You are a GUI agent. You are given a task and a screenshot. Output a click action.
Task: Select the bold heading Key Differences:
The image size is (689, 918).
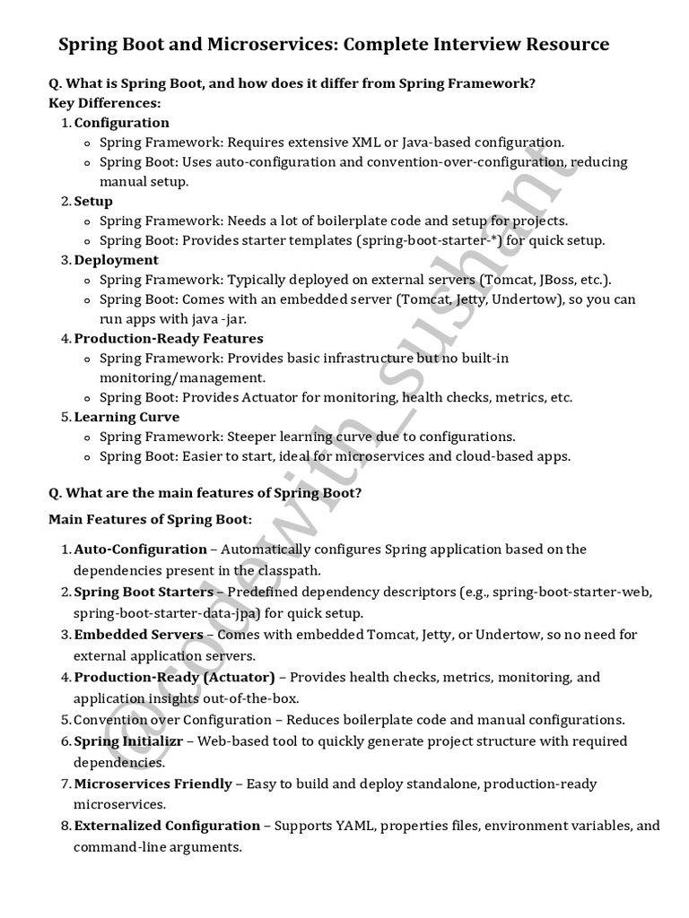[x=104, y=103]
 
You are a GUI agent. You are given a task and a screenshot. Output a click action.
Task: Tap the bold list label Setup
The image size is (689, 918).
[x=93, y=202]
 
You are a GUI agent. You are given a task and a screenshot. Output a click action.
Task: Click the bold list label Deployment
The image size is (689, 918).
[x=116, y=260]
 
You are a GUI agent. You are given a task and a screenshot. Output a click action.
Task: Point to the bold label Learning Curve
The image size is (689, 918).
[x=126, y=417]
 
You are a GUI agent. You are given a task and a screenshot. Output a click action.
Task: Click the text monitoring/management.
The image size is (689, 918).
[x=182, y=377]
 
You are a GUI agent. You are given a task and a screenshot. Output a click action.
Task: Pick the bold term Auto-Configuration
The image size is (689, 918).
[x=140, y=549]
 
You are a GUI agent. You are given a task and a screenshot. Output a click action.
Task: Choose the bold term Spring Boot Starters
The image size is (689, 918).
[x=144, y=592]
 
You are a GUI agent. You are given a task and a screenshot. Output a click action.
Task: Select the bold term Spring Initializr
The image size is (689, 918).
[x=128, y=741]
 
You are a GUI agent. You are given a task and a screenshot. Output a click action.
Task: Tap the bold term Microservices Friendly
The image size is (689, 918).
[x=153, y=784]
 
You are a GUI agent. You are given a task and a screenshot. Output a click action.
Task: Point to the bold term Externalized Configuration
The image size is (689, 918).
[x=167, y=826]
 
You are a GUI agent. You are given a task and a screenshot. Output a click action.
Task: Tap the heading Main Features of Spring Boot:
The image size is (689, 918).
[x=150, y=520]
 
